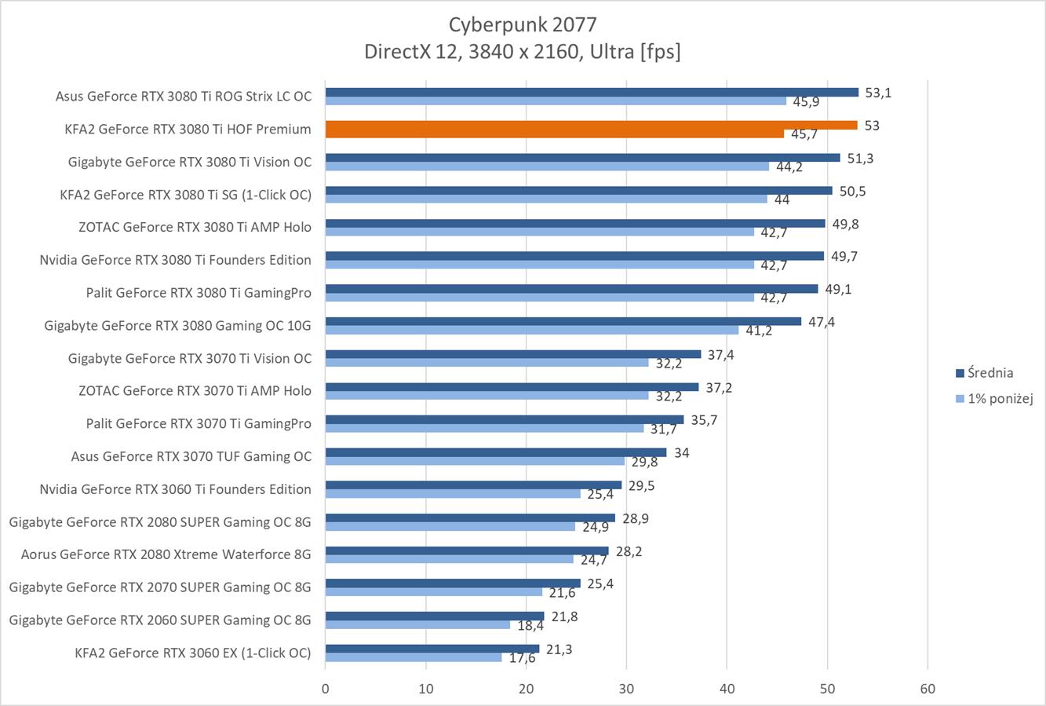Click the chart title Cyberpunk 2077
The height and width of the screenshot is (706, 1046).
522,24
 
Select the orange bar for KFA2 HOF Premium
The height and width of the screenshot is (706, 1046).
591,125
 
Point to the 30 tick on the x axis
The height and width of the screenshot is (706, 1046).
626,689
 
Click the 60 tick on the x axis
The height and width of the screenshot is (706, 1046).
928,689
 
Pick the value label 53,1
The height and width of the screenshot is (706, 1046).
878,93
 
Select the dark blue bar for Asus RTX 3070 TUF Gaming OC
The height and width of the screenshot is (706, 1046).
495,452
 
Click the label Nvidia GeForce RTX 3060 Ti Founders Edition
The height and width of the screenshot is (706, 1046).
175,489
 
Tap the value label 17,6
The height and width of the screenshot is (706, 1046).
522,658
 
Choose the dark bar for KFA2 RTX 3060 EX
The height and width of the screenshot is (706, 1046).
432,649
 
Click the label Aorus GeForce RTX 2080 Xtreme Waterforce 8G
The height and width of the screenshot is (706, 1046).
166,554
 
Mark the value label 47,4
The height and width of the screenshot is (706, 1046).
821,322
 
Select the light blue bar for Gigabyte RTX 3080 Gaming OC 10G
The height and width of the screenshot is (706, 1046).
531,330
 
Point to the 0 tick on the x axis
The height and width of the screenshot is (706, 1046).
326,689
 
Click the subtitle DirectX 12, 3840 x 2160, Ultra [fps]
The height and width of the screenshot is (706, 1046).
522,52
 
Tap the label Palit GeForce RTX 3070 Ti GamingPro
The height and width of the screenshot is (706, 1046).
199,423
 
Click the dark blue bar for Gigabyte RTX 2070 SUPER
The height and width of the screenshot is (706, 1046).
453,583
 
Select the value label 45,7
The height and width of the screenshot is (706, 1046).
804,134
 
